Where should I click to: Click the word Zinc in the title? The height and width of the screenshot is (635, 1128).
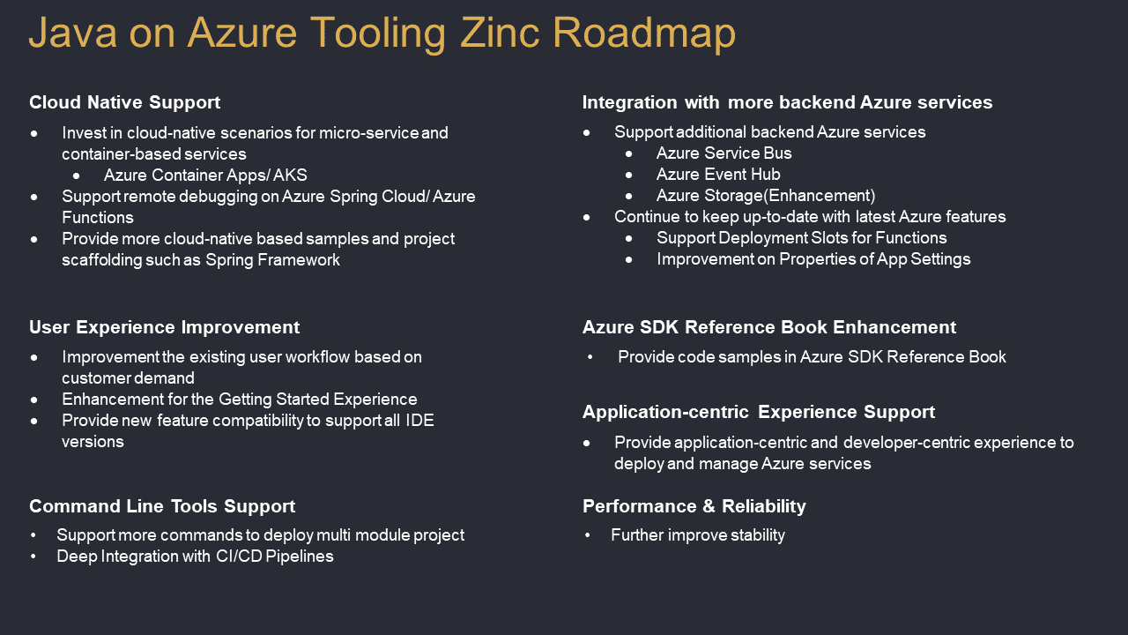[500, 33]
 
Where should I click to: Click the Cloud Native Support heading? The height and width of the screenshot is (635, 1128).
[125, 103]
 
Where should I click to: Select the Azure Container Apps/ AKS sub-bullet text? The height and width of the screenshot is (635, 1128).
[205, 176]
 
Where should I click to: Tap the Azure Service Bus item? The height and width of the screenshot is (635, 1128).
[724, 153]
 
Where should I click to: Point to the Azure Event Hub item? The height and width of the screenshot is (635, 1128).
[718, 175]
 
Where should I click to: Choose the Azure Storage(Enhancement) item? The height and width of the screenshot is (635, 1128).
[766, 196]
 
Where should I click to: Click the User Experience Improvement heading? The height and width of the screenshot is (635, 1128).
[164, 327]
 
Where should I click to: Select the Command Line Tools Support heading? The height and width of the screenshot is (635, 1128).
[162, 506]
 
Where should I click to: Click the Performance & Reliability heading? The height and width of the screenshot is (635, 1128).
[694, 506]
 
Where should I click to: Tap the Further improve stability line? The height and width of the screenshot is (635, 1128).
[698, 535]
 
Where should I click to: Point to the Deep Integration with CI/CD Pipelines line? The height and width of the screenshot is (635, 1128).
[195, 557]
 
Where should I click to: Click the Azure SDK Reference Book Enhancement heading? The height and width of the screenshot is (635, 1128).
[769, 327]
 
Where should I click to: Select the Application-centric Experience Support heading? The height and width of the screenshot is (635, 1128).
[759, 412]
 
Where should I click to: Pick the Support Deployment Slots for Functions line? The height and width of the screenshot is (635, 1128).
[802, 238]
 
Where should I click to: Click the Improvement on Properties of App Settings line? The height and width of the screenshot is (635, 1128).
[813, 259]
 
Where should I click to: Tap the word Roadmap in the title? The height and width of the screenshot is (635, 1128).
[644, 34]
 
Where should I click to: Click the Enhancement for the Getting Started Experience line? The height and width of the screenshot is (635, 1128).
[239, 400]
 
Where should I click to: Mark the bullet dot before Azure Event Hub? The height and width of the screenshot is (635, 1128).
[629, 176]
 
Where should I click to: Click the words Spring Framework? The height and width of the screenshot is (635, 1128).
[272, 260]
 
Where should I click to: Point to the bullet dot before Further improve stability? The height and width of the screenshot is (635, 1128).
[587, 535]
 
